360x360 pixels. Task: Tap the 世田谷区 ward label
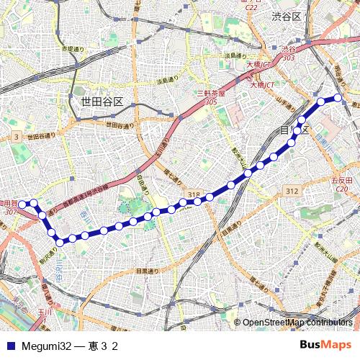click(102, 102)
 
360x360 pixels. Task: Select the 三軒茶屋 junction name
click(211, 94)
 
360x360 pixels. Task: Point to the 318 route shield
click(194, 194)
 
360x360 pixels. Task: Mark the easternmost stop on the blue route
click(337, 99)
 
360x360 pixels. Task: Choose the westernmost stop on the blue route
click(22, 204)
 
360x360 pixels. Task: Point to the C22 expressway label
click(251, 7)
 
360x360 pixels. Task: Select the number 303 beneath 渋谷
click(289, 58)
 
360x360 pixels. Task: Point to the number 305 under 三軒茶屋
click(211, 102)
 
